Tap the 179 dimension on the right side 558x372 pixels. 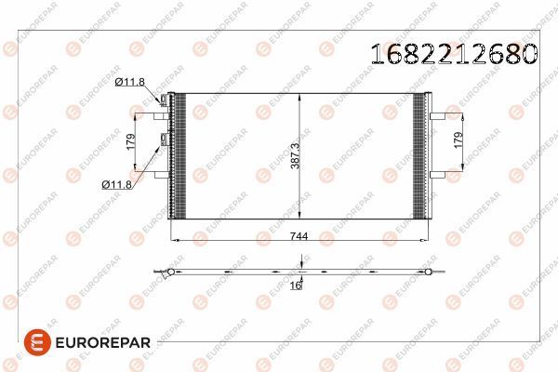(x=457, y=142)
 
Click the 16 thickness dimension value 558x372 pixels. (x=296, y=287)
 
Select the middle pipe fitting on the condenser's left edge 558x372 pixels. (x=165, y=139)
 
